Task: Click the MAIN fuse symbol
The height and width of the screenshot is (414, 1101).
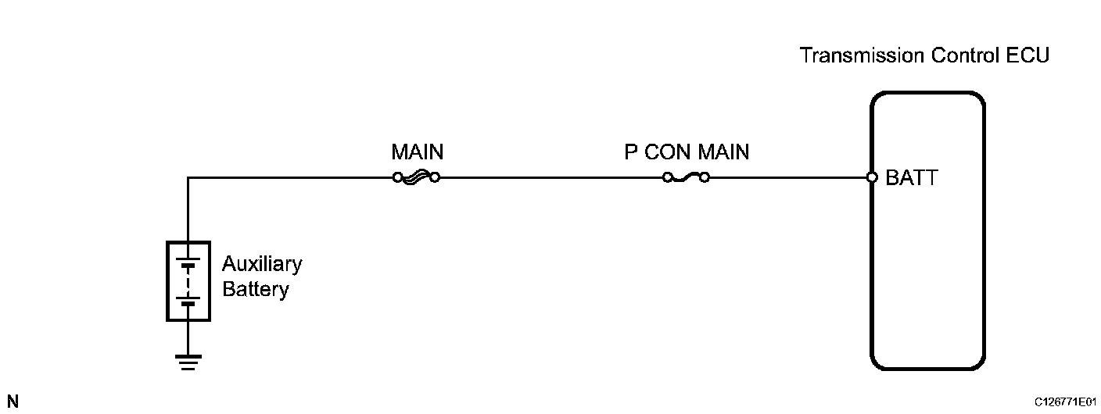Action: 416,177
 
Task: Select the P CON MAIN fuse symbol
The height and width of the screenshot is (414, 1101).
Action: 686,177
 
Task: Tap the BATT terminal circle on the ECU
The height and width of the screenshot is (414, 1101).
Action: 873,177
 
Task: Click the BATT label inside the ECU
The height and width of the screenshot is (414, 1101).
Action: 912,177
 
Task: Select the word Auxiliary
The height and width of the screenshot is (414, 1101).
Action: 262,264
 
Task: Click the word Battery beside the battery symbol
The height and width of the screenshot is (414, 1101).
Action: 256,289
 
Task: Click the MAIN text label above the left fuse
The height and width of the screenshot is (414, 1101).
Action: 417,152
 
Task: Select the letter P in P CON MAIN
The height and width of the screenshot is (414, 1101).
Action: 631,152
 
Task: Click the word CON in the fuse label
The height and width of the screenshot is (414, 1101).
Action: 667,152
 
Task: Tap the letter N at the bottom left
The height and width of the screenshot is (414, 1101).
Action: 13,402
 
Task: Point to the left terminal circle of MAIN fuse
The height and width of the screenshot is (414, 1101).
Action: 397,177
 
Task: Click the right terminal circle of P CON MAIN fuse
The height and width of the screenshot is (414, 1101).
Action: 705,177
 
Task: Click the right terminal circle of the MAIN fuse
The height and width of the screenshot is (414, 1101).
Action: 435,177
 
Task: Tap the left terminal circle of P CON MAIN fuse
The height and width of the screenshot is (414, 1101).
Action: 667,177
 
